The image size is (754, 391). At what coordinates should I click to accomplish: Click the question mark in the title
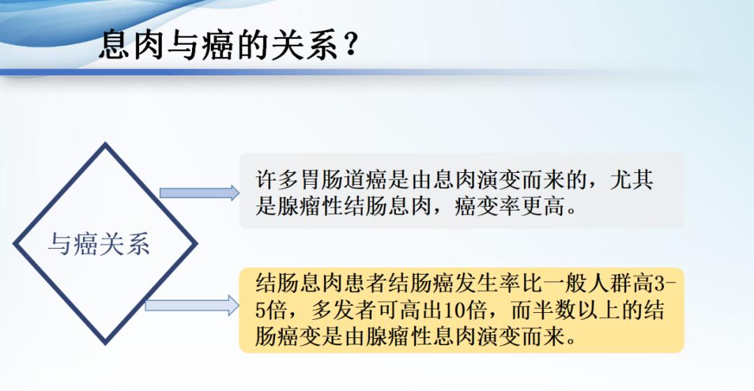(350, 44)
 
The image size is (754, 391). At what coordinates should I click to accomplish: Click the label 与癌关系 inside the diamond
(99, 244)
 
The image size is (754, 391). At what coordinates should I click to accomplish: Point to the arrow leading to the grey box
(199, 192)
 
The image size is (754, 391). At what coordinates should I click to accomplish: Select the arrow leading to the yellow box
(192, 305)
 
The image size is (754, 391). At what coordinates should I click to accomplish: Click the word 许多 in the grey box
(276, 180)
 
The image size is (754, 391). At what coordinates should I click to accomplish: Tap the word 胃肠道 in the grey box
(332, 180)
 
